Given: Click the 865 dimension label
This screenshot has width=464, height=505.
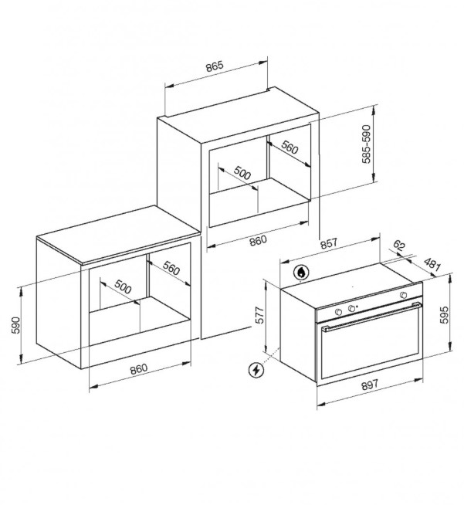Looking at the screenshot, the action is click(x=215, y=66).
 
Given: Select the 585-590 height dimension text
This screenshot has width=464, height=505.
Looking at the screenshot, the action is click(x=366, y=144).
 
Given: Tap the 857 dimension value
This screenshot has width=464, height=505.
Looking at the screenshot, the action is click(x=328, y=243).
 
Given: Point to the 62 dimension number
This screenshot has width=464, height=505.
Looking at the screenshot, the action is click(x=399, y=246).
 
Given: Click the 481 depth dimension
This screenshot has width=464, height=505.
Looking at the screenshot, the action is click(x=432, y=264).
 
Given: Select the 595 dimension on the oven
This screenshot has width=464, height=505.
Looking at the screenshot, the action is click(x=444, y=314).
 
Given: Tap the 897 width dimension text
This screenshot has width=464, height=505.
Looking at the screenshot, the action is click(x=369, y=385).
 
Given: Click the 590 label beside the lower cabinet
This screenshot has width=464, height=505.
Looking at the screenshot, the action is click(x=15, y=325).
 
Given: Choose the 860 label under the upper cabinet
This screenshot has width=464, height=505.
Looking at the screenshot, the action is click(x=258, y=241).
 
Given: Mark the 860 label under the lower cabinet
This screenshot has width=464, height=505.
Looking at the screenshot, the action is click(x=139, y=369).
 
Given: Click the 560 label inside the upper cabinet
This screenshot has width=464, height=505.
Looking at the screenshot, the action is click(x=290, y=147).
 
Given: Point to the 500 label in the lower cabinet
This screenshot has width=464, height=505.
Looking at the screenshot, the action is click(x=124, y=286).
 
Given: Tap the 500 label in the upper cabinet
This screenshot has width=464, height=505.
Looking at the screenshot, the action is click(x=242, y=173).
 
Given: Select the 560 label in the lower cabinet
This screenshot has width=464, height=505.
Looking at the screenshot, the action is click(x=171, y=268).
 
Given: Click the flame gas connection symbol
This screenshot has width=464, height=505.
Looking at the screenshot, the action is click(x=301, y=273).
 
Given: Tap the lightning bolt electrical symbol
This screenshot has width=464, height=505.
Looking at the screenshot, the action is click(x=256, y=370).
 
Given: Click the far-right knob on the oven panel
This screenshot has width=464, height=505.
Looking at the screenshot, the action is click(x=403, y=295).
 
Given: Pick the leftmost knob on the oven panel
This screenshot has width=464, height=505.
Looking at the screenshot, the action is click(x=338, y=312).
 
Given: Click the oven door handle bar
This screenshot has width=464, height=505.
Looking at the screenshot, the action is click(x=372, y=316).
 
